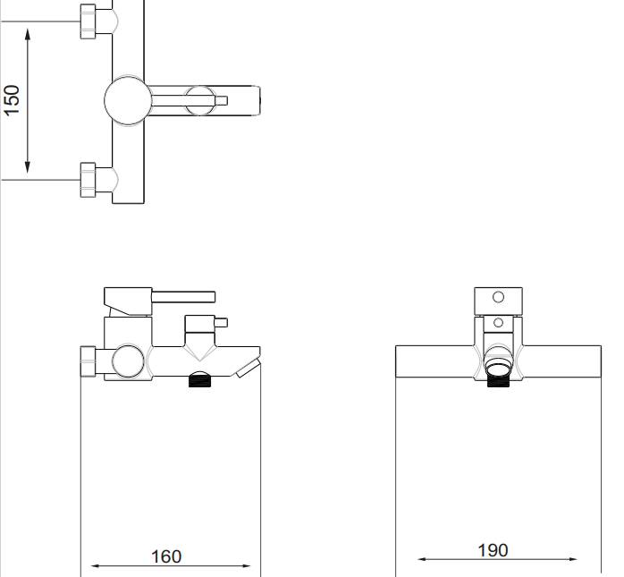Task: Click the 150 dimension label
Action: [12, 100]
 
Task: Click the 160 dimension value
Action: [166, 556]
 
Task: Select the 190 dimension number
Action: [493, 550]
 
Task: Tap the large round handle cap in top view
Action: [128, 101]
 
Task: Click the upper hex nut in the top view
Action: [88, 21]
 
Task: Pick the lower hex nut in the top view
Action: [88, 180]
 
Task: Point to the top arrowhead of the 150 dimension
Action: [28, 34]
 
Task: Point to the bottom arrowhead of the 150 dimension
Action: [28, 167]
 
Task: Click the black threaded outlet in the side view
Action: [199, 381]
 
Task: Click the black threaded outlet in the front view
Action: [498, 381]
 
